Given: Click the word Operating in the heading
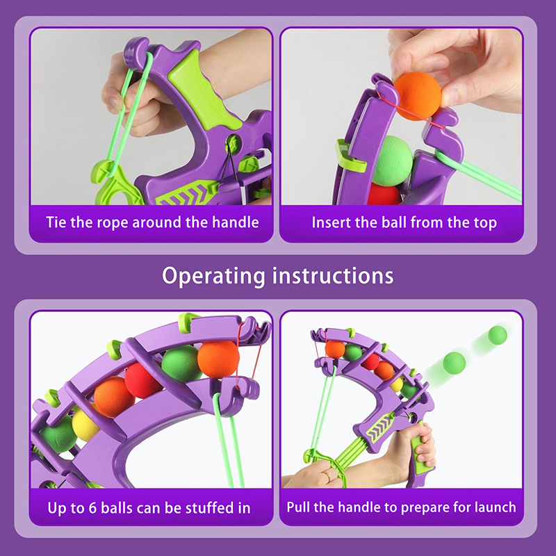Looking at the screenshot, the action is point(213,276).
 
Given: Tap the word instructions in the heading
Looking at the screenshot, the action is point(333,275).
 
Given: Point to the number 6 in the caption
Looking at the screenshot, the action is point(92,508).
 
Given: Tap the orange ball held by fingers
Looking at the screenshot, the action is point(418,96).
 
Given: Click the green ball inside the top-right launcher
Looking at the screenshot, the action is point(392,161).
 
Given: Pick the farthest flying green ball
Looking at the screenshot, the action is point(498,335).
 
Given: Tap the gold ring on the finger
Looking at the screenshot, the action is point(327,475).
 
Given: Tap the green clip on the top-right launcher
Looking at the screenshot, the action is point(350,156).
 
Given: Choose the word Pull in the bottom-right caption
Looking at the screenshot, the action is point(299,507).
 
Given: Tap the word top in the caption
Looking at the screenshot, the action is point(485,223).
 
